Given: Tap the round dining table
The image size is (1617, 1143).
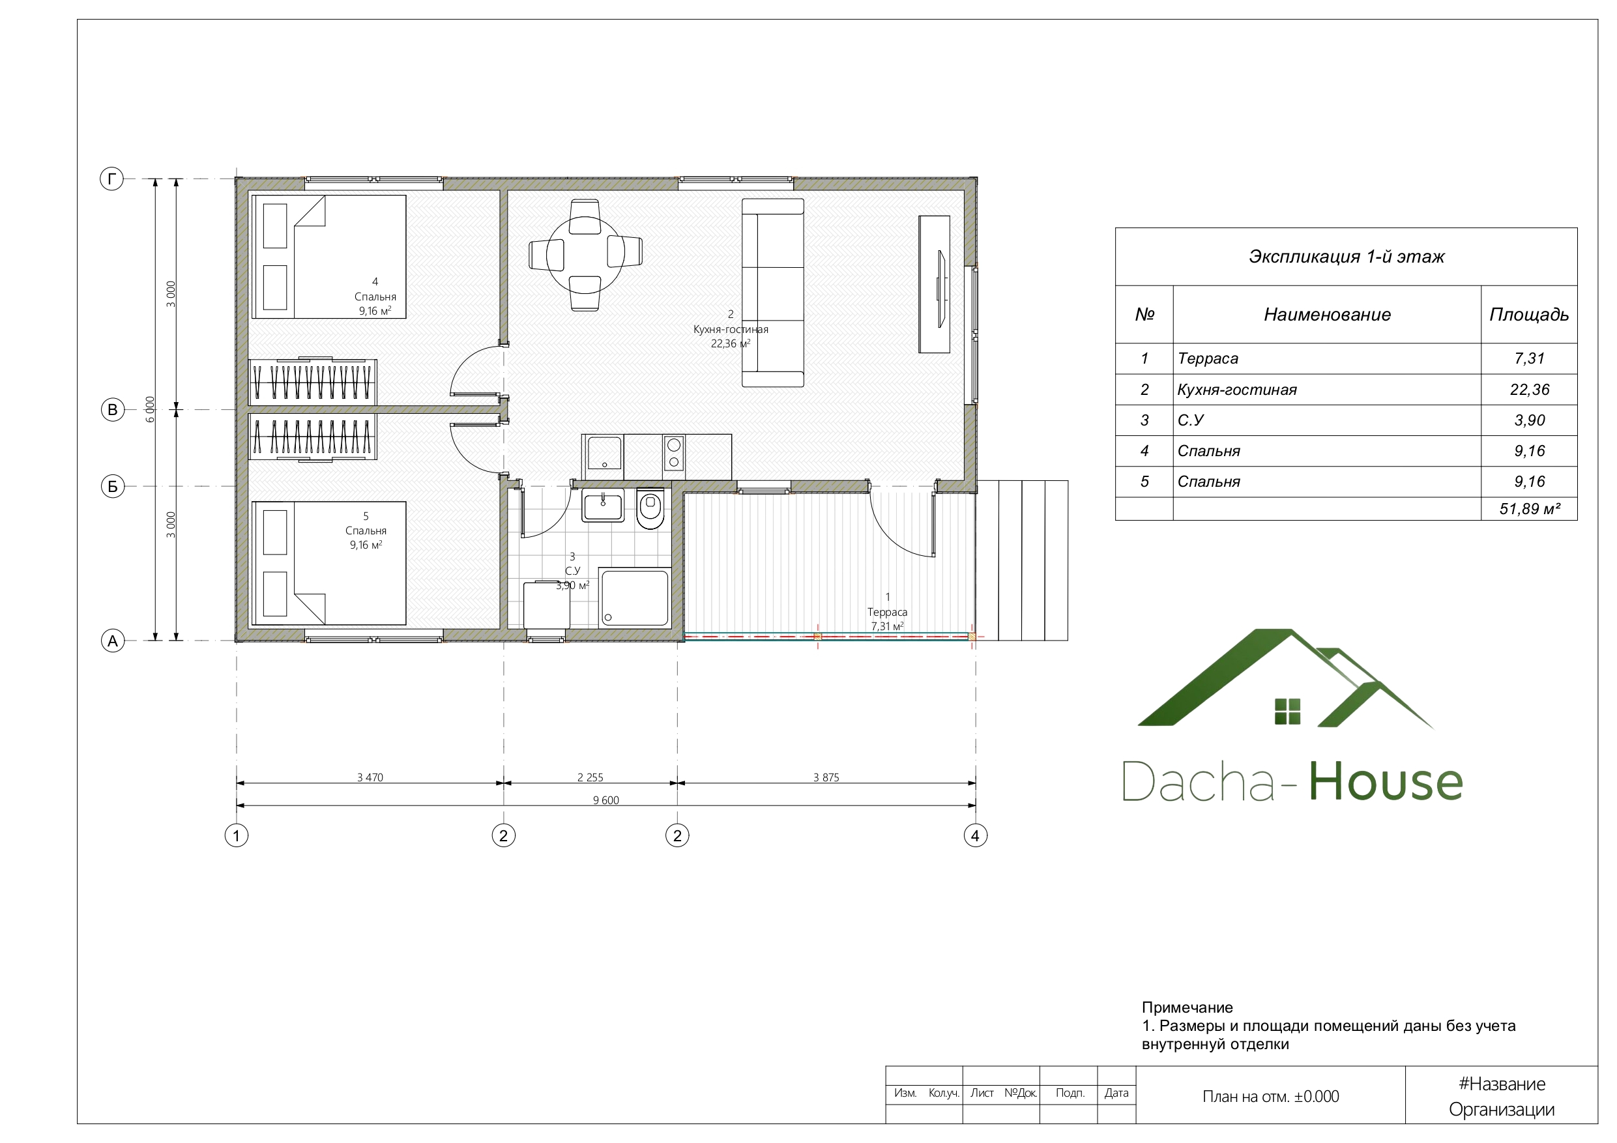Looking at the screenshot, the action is [584, 254].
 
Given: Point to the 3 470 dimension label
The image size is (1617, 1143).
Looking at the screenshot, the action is [370, 777].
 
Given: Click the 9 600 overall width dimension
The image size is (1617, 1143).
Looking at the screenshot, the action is [605, 800].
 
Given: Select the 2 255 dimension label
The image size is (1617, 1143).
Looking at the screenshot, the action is [590, 777].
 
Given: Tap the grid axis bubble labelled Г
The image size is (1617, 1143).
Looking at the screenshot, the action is [111, 179].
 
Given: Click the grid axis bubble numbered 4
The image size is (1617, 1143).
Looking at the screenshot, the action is [976, 836].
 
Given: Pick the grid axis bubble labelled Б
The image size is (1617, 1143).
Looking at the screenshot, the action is [113, 486].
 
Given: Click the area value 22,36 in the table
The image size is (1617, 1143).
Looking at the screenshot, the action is [1530, 390].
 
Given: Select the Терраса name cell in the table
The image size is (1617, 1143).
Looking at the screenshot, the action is [1208, 358].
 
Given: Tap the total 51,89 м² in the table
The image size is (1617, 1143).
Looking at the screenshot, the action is [1530, 508].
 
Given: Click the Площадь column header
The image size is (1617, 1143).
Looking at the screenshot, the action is [1529, 315].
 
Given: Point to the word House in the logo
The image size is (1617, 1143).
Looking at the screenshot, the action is [1386, 781].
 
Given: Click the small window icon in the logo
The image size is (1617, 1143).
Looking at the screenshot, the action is [1287, 712].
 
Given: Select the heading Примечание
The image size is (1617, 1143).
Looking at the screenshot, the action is [1187, 1007].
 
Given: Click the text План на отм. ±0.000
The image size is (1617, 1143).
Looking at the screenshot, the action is [1270, 1097].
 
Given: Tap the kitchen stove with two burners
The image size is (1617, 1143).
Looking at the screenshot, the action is [674, 454].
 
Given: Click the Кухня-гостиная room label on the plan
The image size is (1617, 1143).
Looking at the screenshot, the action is [731, 329].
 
